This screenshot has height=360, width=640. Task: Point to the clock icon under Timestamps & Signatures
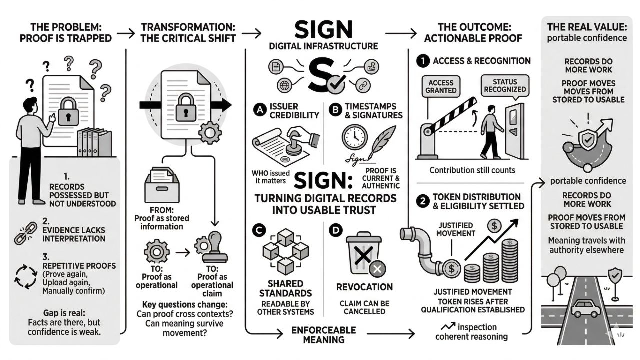354,136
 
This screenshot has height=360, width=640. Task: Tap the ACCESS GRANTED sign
441,86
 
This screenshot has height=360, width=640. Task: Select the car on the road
586,308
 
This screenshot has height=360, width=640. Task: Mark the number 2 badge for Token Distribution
423,201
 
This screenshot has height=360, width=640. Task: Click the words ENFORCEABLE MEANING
324,335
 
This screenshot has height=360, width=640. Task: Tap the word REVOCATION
364,287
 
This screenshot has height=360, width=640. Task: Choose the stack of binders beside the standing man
94,142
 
